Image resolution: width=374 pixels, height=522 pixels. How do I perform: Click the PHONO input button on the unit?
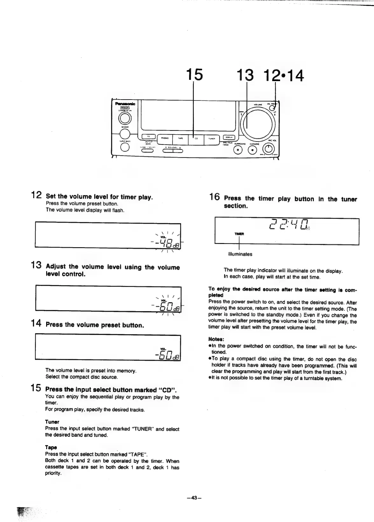tap(165, 138)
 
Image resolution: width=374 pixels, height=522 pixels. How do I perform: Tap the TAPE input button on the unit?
tap(180, 138)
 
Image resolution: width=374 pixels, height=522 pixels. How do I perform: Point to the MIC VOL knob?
tap(270, 149)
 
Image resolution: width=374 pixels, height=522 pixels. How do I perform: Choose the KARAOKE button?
tap(253, 149)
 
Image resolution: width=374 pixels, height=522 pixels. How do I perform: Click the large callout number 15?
tap(194, 75)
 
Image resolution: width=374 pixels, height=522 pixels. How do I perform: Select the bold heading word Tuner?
tap(52, 422)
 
